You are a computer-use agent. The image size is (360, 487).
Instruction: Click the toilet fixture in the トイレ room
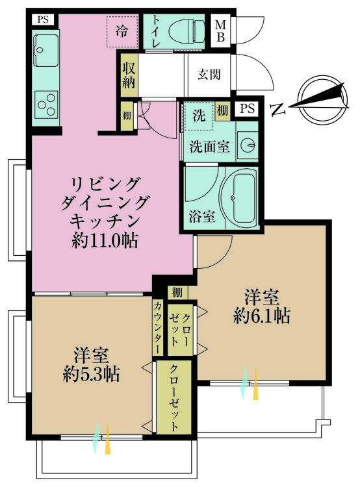click(186, 31)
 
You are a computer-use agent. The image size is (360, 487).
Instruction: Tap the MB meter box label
click(221, 31)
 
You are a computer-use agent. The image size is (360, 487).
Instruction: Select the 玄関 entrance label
click(209, 75)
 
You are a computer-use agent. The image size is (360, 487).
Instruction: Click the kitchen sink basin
click(45, 50)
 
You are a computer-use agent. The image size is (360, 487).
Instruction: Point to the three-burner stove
click(46, 105)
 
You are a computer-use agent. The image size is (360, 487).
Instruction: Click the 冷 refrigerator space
click(122, 31)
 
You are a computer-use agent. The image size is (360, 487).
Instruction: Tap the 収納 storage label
click(129, 75)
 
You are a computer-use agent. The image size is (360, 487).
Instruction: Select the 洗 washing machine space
click(199, 116)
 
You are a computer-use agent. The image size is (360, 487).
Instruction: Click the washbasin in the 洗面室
click(248, 145)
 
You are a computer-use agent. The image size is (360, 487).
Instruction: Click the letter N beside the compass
click(277, 109)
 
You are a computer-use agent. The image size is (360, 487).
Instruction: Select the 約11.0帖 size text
click(105, 240)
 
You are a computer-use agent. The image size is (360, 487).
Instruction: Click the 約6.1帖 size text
click(261, 316)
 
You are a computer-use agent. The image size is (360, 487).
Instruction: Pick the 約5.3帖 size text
click(91, 373)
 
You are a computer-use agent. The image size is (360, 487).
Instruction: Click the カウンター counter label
click(158, 328)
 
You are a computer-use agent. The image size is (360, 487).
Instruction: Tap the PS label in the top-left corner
click(43, 19)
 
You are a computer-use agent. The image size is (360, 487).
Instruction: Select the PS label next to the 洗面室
click(248, 108)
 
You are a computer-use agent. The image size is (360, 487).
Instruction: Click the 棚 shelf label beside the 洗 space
click(222, 111)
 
